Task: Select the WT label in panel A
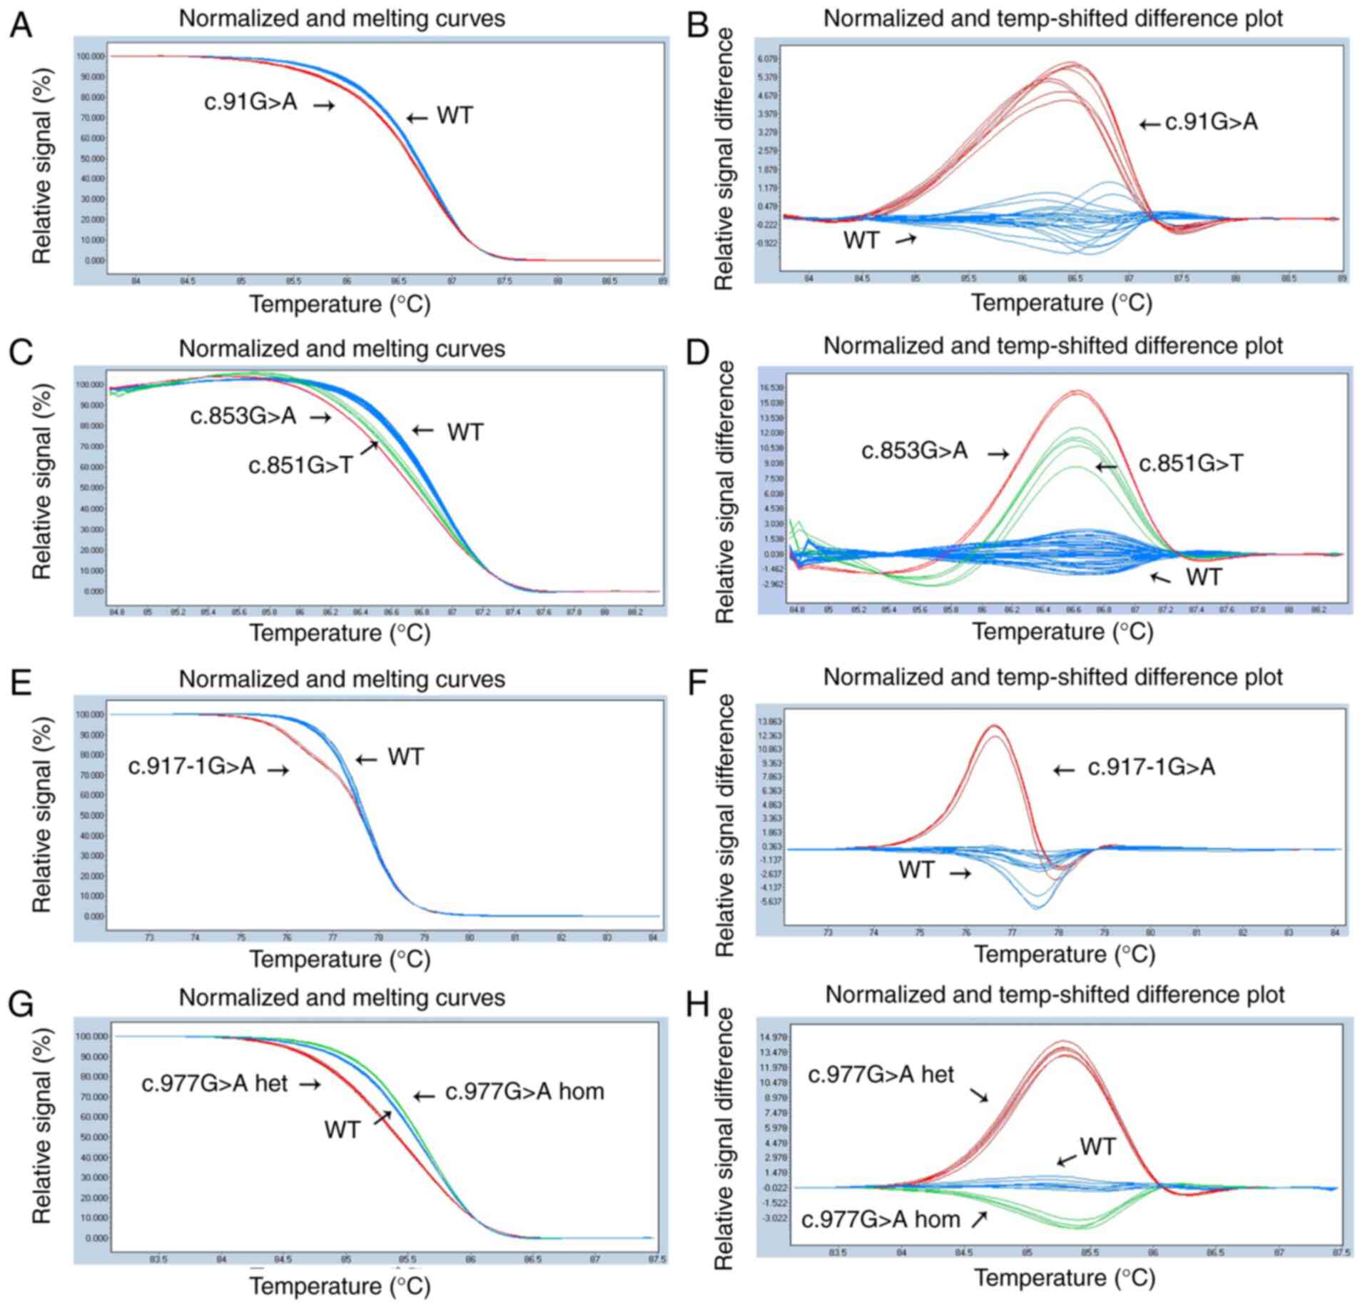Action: (x=455, y=116)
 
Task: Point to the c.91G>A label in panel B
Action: (x=1211, y=123)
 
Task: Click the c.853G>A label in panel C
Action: (x=243, y=416)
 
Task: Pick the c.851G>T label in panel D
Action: (x=1191, y=464)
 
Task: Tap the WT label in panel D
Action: (x=1204, y=576)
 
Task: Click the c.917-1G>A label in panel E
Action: (x=191, y=767)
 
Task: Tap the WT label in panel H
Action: (x=1097, y=1147)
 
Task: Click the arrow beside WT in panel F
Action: (x=959, y=873)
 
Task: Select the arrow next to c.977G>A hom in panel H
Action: (x=979, y=1219)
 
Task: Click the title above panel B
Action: (x=1052, y=19)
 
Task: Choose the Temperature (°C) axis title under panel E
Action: (x=340, y=958)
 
